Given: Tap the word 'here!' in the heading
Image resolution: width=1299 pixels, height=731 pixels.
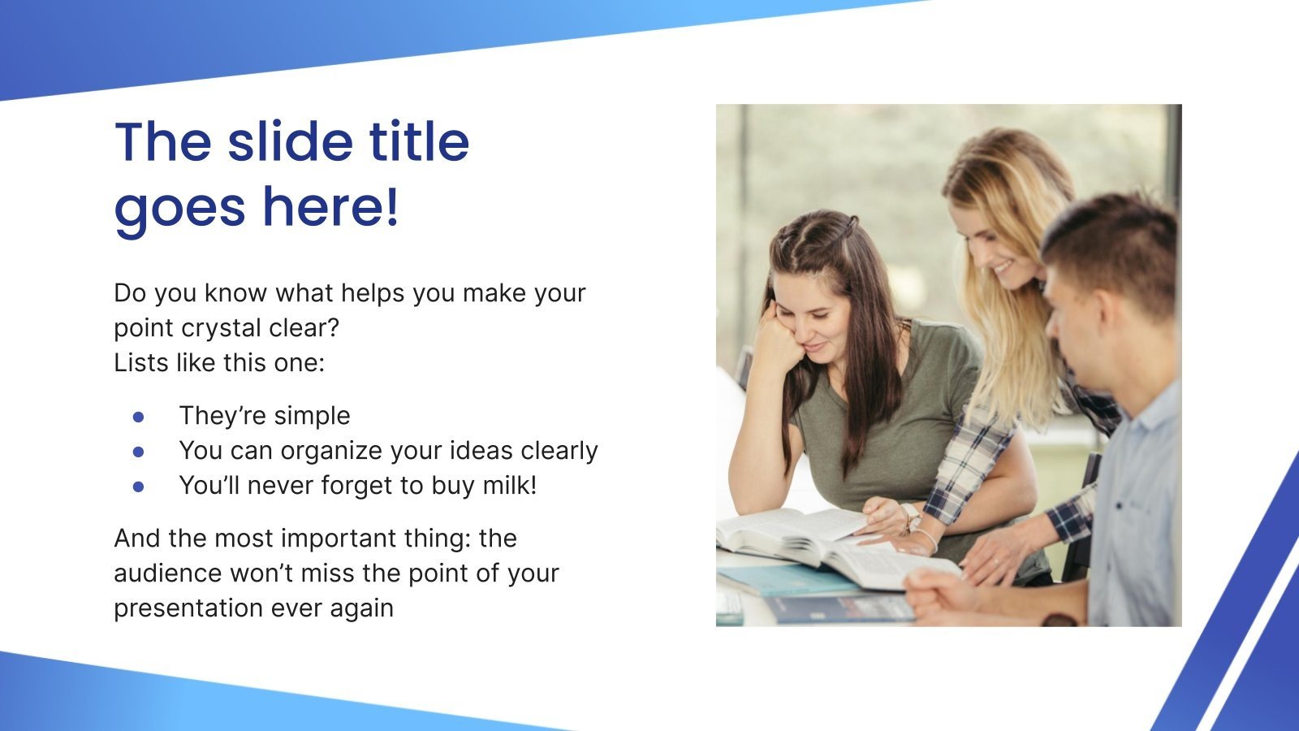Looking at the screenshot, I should pyautogui.click(x=330, y=206).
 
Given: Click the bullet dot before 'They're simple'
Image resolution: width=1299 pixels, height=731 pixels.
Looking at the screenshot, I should pyautogui.click(x=138, y=416).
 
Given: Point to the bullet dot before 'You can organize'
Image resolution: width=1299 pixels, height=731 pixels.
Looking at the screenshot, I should pyautogui.click(x=138, y=451).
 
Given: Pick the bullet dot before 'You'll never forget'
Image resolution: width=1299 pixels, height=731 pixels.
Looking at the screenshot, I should pyautogui.click(x=138, y=486).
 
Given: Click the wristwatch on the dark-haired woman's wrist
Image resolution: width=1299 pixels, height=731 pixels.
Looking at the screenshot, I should pyautogui.click(x=910, y=517).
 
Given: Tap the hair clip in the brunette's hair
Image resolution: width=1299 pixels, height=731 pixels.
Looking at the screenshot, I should pyautogui.click(x=850, y=222).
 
